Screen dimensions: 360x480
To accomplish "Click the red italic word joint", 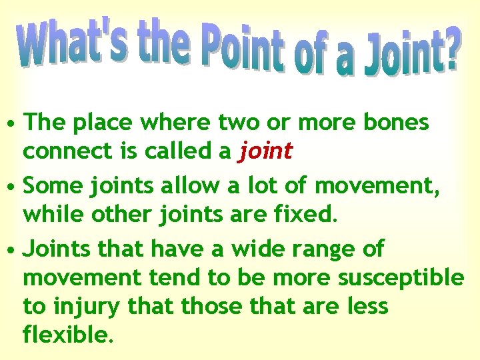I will [265, 151].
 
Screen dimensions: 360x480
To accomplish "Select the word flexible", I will [65, 335].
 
